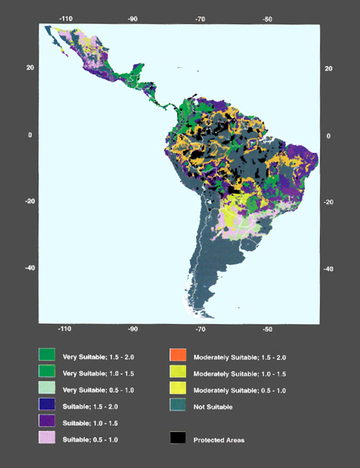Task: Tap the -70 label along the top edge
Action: [x=199, y=19]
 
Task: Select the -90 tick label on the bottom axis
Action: [x=133, y=329]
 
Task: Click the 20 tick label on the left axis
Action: [x=29, y=68]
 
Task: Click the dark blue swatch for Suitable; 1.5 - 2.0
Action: [x=47, y=406]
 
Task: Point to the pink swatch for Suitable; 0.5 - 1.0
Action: [x=47, y=439]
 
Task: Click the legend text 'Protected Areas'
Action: [x=219, y=440]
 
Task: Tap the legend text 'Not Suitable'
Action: [x=214, y=407]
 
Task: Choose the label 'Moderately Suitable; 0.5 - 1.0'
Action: [x=239, y=390]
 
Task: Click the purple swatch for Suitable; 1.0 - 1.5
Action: [x=47, y=422]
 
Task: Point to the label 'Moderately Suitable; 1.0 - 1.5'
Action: [x=239, y=373]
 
